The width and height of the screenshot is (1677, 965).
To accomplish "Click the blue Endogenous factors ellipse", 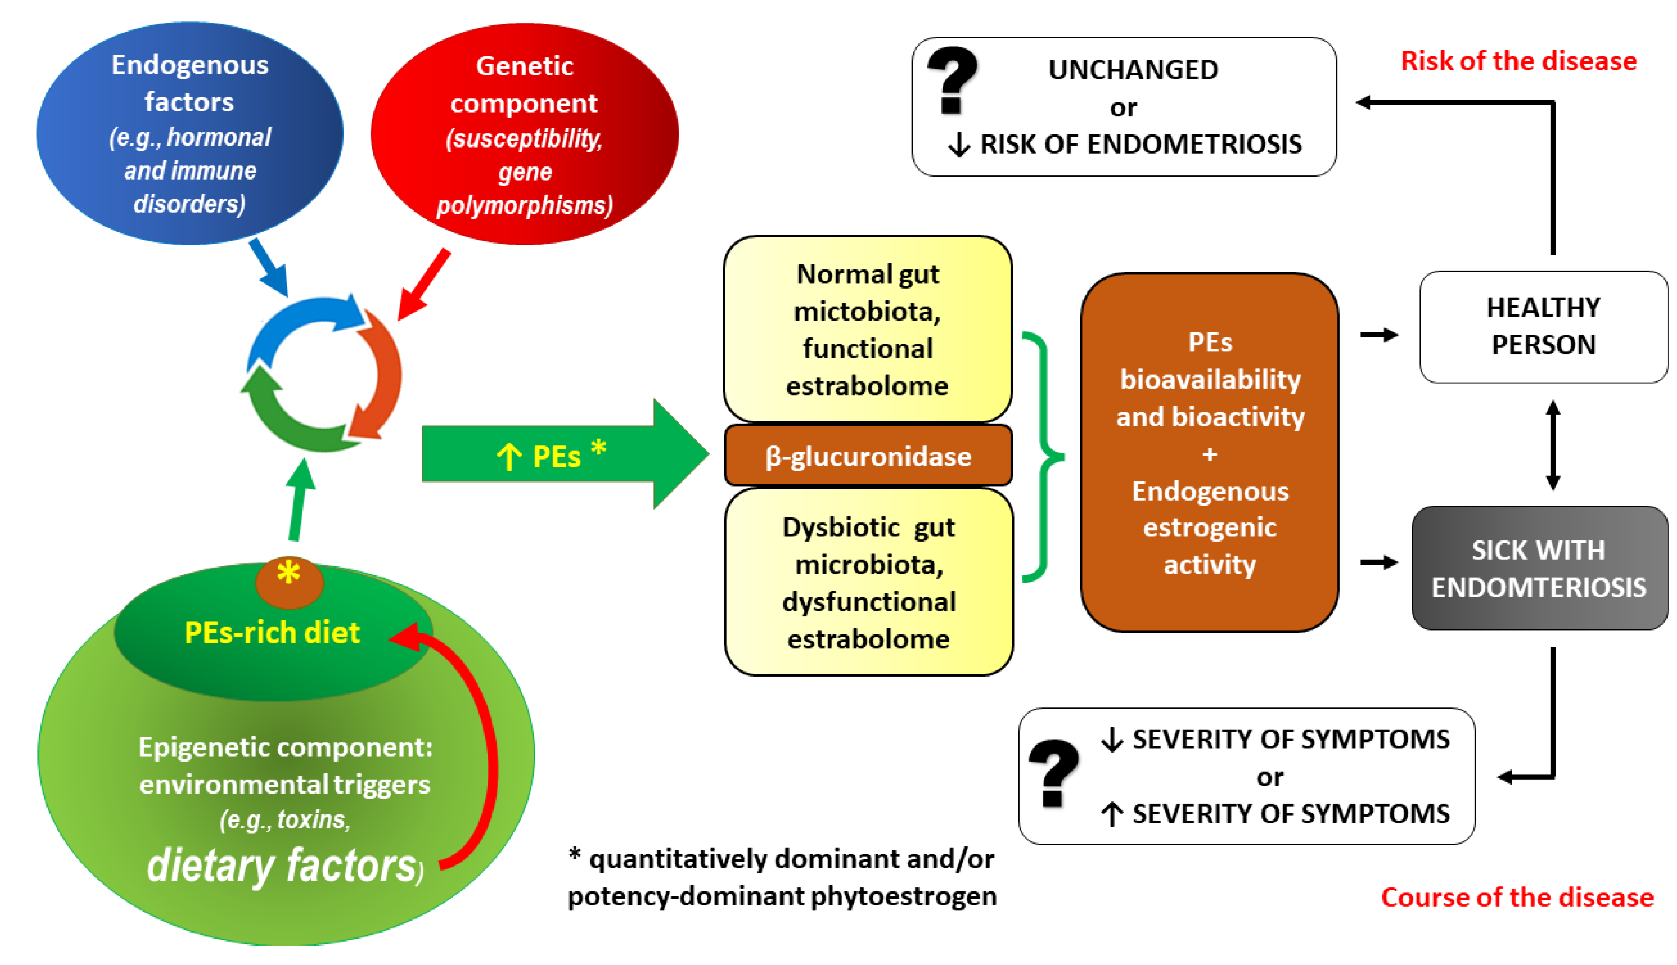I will point(190,133).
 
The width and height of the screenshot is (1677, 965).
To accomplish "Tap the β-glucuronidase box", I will point(868,456).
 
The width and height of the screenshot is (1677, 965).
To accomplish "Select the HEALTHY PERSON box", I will point(1543,326).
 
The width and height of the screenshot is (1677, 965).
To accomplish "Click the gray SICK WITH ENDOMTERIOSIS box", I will point(1539,568).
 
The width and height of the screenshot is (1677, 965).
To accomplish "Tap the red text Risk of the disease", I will point(1518,61).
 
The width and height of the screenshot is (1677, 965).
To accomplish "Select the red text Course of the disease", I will point(1517,897).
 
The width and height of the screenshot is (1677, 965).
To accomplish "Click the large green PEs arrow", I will point(564,455).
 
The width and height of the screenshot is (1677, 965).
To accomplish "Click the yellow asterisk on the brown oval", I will point(288,573).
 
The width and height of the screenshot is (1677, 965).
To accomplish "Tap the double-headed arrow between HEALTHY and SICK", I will point(1552,445).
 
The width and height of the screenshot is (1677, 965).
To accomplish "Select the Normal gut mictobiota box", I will point(867,329).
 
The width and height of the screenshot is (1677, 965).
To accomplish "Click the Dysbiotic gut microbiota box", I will point(869,582).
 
